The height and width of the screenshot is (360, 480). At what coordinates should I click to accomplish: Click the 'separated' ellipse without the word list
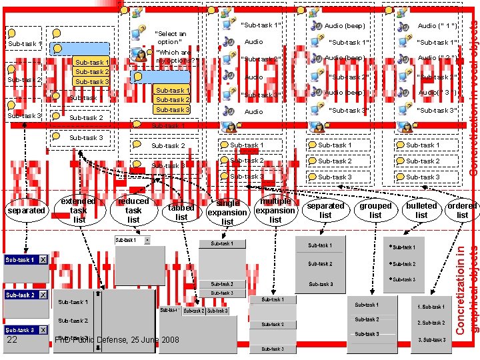[26, 210]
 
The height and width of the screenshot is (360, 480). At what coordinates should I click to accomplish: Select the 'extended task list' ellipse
[79, 210]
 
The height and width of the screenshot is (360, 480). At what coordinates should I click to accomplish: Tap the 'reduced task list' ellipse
[133, 210]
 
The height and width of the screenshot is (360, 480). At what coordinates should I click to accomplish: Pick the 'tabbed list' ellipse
[181, 212]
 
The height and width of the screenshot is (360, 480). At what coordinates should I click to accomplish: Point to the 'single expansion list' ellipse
[228, 212]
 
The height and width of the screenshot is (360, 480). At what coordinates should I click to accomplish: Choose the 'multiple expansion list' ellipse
[275, 210]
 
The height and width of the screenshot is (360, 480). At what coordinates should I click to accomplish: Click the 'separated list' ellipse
[325, 210]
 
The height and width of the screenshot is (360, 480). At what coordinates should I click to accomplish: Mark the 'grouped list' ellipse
[375, 210]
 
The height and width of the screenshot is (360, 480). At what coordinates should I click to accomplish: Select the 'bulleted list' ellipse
[421, 210]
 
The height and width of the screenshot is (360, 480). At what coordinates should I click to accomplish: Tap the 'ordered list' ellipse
[462, 210]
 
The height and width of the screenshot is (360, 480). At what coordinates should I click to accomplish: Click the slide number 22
[12, 340]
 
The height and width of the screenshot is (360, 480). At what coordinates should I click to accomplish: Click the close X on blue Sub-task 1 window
[42, 259]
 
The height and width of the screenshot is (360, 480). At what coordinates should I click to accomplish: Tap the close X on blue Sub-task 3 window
[42, 330]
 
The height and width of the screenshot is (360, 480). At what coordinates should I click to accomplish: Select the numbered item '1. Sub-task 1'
[431, 307]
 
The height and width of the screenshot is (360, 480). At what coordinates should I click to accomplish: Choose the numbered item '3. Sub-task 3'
[431, 339]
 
